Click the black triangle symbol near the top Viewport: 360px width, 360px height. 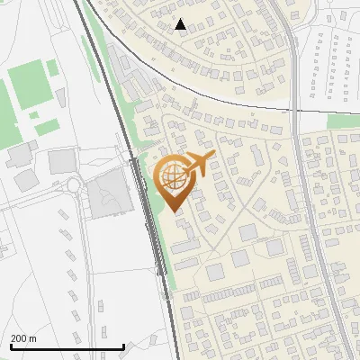click(x=181, y=24)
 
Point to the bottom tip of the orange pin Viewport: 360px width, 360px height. click(x=173, y=212)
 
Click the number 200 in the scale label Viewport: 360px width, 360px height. click(x=20, y=338)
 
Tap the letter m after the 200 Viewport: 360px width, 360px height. click(x=33, y=338)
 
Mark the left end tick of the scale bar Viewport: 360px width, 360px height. click(x=11, y=346)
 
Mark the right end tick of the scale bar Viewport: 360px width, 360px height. click(x=123, y=346)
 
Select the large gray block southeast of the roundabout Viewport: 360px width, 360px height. click(x=107, y=194)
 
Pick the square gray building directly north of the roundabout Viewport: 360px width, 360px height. click(x=62, y=161)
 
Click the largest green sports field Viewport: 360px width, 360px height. click(x=26, y=85)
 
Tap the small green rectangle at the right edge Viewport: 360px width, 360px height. click(x=340, y=121)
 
